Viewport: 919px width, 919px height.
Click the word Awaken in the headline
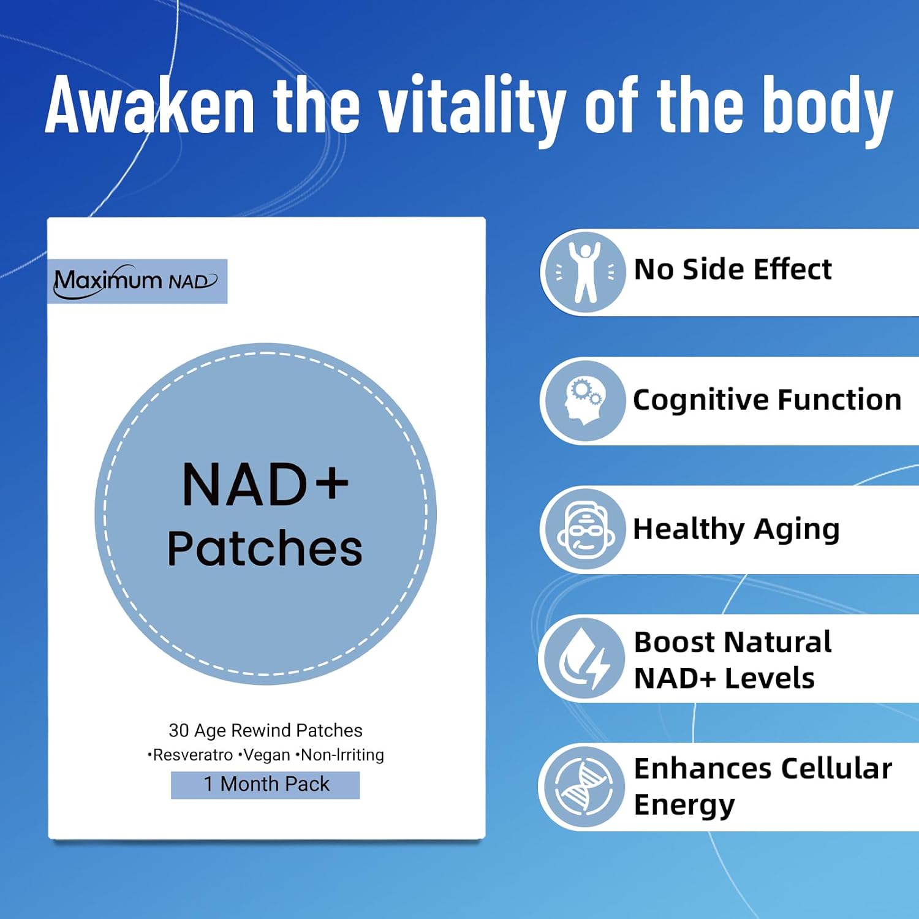[x=150, y=105]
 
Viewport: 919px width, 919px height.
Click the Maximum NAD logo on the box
[x=136, y=281]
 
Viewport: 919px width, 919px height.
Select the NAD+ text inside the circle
[x=265, y=485]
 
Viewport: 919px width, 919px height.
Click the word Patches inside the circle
[x=265, y=548]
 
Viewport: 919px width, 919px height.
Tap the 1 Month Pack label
[x=265, y=784]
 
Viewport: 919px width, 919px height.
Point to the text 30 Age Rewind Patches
[x=265, y=730]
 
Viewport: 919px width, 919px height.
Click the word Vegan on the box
[x=267, y=755]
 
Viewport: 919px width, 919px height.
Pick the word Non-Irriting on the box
[x=342, y=755]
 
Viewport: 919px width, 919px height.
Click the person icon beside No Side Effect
[x=585, y=272]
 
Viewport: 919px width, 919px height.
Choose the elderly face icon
[x=585, y=529]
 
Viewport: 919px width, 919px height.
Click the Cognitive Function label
[x=767, y=400]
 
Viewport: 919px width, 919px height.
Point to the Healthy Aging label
[x=736, y=529]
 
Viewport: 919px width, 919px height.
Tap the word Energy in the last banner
[x=684, y=804]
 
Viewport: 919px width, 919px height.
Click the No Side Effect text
[x=733, y=270]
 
